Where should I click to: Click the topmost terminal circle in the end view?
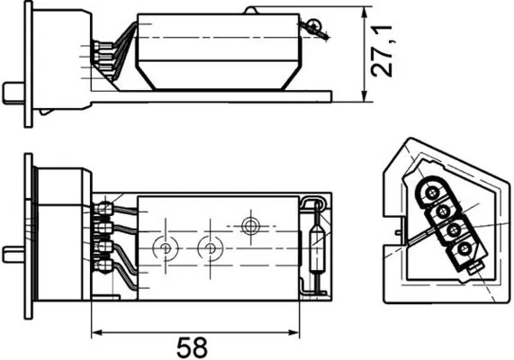click(430, 193)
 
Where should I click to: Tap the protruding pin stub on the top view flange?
click(12, 92)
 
